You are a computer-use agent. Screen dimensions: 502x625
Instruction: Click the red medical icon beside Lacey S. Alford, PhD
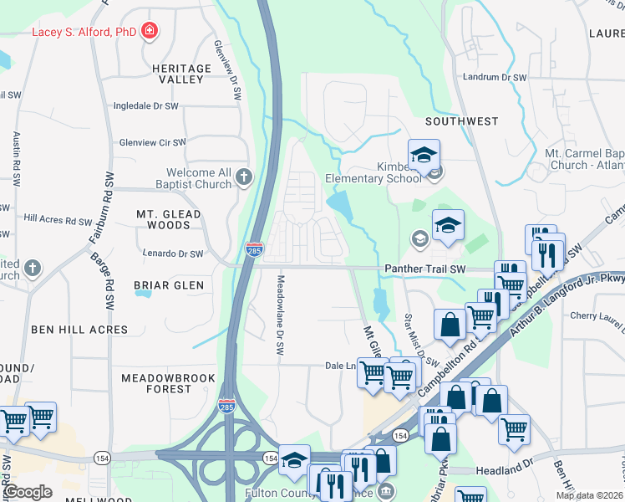150,32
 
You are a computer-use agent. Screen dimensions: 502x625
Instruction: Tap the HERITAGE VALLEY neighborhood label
182,74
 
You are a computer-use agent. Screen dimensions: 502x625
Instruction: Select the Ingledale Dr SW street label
146,106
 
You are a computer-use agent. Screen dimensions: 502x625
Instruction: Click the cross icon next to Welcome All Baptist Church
243,177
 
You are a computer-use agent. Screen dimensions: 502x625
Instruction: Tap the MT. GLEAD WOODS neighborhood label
169,219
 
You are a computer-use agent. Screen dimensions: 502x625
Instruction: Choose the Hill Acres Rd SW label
58,219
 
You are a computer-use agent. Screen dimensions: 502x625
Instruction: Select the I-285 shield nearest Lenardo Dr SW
254,249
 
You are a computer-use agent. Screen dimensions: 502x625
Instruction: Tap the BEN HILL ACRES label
79,330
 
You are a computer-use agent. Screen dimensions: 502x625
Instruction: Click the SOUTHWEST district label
461,121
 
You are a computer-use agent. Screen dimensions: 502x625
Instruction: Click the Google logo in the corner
28,492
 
